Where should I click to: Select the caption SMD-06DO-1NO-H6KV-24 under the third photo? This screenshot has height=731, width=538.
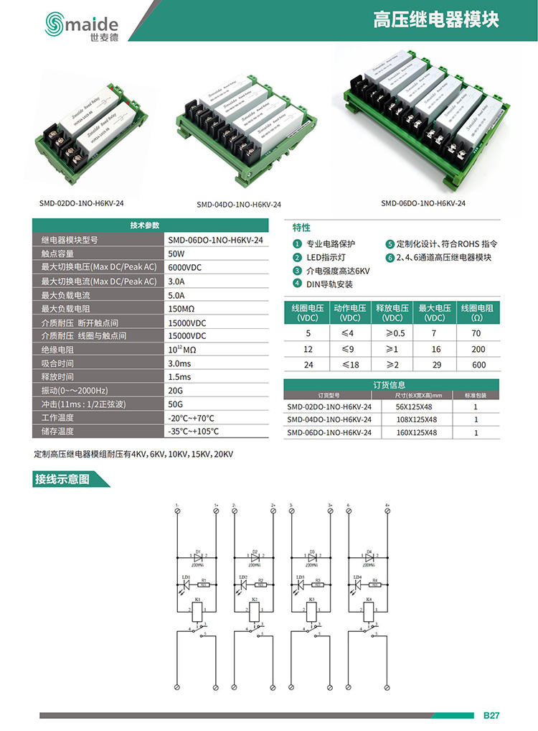(423, 203)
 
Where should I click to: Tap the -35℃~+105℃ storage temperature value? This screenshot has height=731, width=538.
(193, 432)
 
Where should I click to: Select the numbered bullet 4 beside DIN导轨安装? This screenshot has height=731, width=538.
(296, 284)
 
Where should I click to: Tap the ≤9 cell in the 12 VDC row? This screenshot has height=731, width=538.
(349, 348)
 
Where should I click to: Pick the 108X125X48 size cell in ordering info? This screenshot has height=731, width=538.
(416, 419)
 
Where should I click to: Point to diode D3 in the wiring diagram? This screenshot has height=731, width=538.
(312, 557)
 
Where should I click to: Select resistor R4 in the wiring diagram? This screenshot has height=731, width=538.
(374, 585)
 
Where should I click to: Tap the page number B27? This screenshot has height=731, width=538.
(491, 716)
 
